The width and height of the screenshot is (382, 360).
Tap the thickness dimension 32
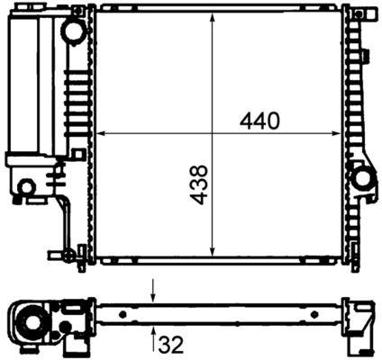click(170, 343)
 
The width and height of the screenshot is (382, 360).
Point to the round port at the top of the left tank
click(73, 30)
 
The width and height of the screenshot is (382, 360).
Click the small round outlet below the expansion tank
click(26, 187)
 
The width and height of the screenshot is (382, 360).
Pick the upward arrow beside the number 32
click(153, 337)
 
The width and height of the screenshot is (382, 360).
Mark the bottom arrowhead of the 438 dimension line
click(212, 253)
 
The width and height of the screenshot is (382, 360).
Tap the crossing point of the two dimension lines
click(212, 134)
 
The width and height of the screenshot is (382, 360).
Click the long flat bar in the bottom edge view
click(216, 314)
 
